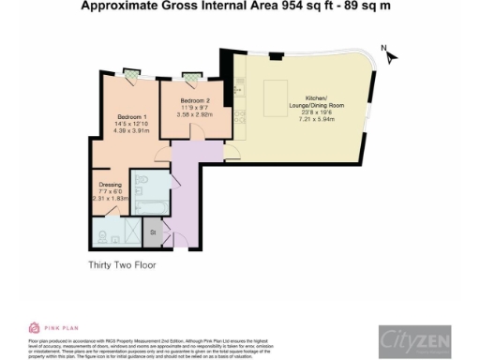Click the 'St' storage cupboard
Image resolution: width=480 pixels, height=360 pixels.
(x=152, y=229)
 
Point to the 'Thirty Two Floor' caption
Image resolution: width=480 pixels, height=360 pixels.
(x=121, y=265)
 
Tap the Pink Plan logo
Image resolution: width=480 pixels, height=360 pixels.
(x=47, y=327)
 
